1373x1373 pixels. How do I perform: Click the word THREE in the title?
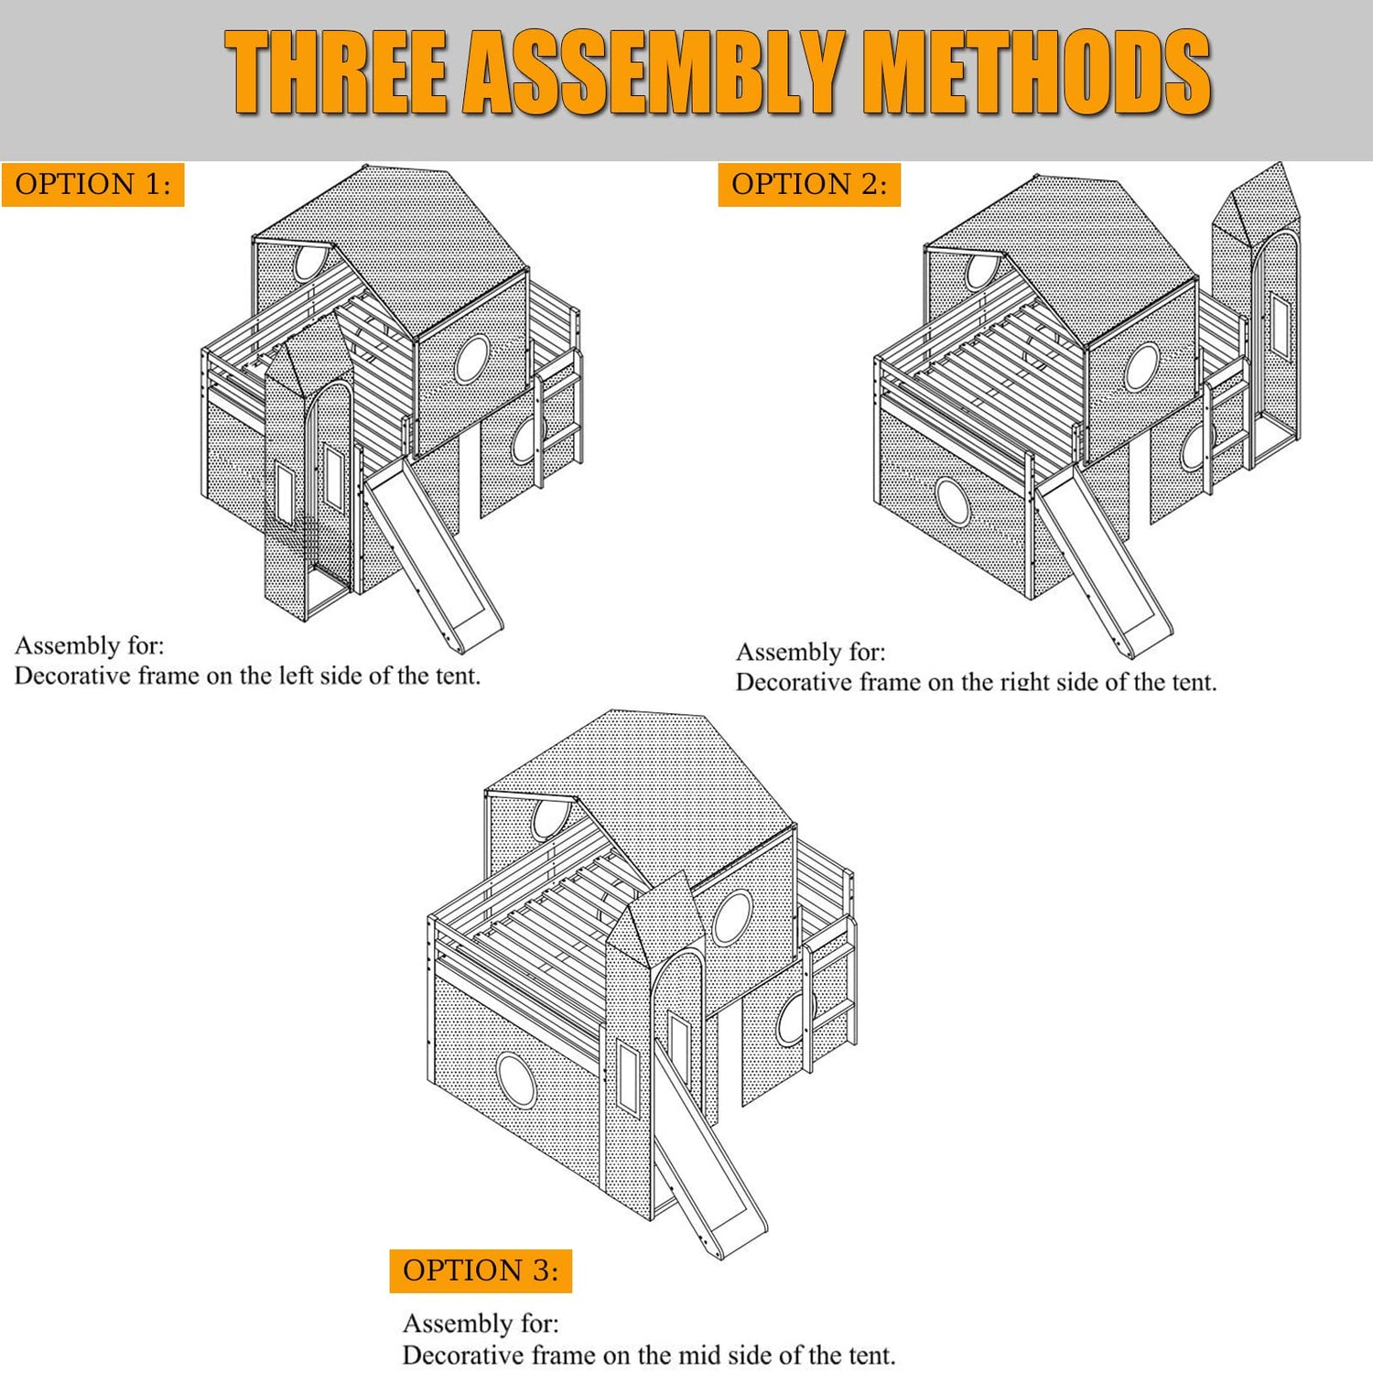pos(337,72)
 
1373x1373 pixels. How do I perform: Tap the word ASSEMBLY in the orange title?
pos(652,72)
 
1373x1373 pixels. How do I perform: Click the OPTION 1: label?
pos(93,184)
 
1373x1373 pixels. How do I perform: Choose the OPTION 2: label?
pos(809,184)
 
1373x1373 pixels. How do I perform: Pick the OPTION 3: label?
pos(481,1270)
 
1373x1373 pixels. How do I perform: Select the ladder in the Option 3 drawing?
pos(830,993)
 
